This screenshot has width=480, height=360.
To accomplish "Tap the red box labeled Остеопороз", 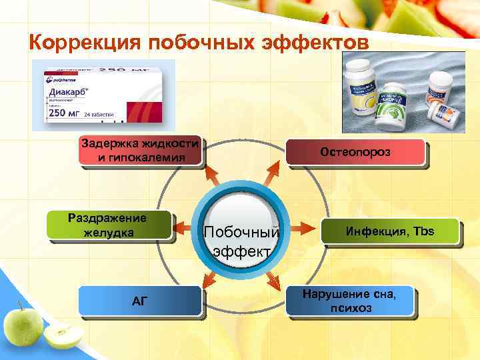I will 355,152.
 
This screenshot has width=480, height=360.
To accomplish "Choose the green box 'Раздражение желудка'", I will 109,225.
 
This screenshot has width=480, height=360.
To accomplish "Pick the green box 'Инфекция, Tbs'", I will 391,231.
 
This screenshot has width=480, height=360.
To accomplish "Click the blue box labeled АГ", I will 139,300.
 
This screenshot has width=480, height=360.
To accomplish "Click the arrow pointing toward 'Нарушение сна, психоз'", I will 273,280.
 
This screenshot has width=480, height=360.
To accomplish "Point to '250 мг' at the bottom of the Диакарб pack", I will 67,114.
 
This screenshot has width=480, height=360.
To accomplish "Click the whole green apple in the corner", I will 23,325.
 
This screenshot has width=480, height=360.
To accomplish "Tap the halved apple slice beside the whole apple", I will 64,337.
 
